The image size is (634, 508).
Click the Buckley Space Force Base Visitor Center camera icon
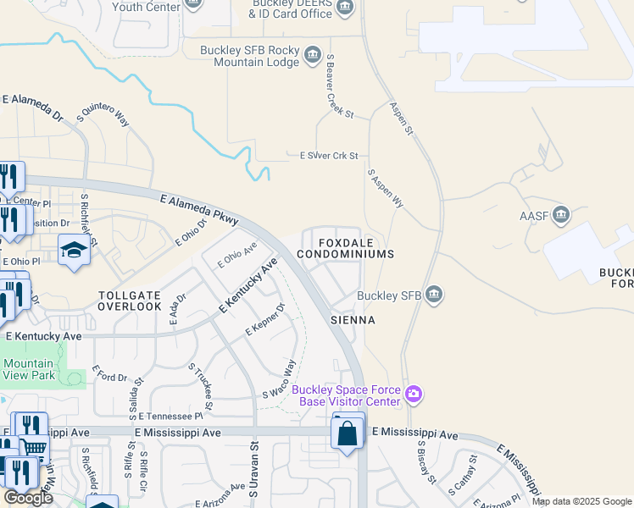[414, 394]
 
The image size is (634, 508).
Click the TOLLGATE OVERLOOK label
[129, 300]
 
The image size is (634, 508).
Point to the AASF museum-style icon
[560, 215]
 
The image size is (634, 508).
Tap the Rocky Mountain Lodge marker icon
[312, 56]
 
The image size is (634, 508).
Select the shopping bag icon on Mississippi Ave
[348, 433]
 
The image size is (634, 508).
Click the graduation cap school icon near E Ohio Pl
[75, 250]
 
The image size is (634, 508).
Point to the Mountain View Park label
[29, 368]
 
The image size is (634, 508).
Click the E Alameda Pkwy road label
[199, 208]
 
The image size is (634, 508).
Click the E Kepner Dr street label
[264, 318]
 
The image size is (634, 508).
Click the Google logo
[29, 497]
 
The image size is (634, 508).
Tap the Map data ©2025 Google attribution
[581, 501]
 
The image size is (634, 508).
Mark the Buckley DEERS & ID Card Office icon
[344, 8]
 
